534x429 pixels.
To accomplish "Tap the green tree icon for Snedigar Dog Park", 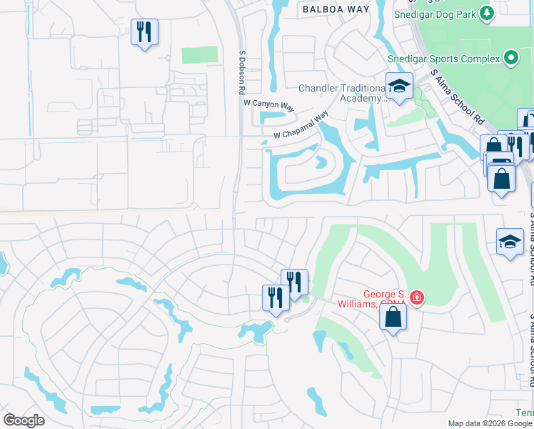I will click(x=486, y=13).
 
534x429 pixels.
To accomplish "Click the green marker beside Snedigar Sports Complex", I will click(x=510, y=58).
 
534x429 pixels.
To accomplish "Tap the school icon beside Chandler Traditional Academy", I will click(x=400, y=87).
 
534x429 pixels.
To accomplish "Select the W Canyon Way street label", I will click(x=269, y=106).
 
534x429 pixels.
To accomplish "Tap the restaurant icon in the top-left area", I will click(x=144, y=32).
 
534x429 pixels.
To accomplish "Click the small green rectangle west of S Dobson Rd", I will click(x=199, y=55).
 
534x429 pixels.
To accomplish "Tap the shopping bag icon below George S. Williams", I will click(x=393, y=317).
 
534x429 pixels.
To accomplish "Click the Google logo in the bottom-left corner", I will click(x=24, y=420).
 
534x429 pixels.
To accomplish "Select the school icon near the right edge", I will click(x=510, y=243).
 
